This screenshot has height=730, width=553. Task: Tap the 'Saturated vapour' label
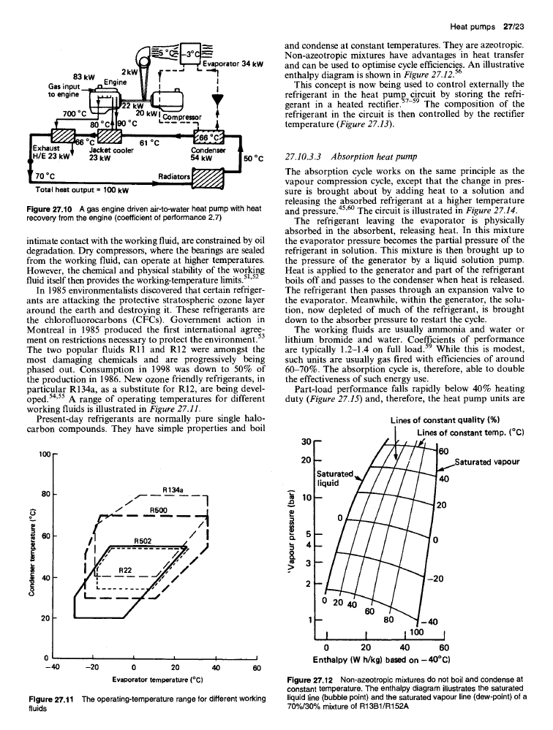[487, 462]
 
